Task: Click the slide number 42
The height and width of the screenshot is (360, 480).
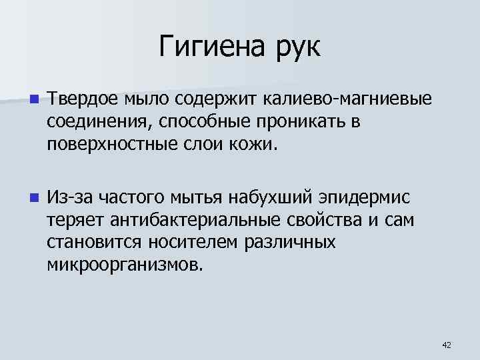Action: pos(447,344)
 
